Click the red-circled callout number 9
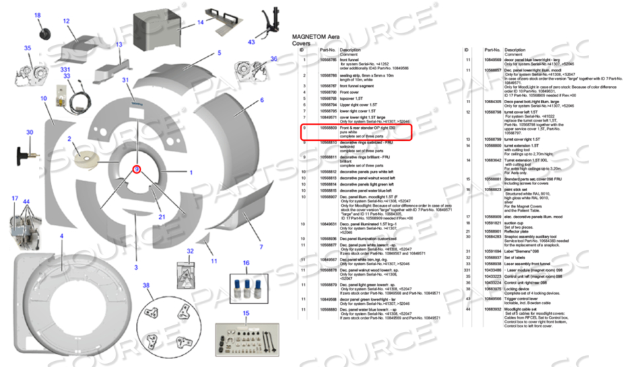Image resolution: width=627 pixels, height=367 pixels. pos(137,169)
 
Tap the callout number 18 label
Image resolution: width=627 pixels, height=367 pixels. pos(37,15)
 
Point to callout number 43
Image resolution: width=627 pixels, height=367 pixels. pos(251,41)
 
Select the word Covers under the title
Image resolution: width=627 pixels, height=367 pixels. pos(300,44)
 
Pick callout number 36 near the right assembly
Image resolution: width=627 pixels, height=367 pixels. pos(273,59)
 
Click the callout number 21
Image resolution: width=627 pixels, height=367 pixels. pos(160,216)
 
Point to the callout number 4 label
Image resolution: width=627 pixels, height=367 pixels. pos(61,235)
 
